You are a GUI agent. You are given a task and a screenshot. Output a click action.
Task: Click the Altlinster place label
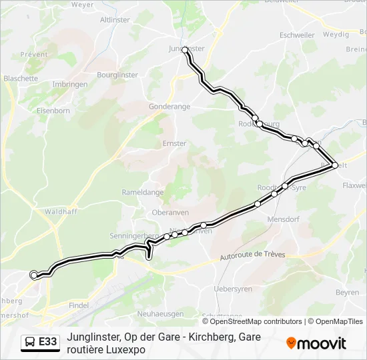(115, 20)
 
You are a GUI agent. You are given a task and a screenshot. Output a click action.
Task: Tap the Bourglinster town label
(117, 75)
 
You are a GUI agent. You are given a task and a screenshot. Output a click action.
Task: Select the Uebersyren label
(233, 289)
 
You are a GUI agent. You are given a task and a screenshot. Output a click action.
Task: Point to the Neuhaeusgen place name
(159, 313)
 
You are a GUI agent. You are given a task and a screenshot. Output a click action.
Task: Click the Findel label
(79, 305)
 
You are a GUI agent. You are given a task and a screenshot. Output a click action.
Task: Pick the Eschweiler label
(297, 35)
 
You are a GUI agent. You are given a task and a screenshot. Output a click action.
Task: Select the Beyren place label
(347, 293)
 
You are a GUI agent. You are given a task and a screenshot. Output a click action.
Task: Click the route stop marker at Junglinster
(186, 50)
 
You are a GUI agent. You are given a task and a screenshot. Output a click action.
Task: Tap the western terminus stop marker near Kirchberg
(34, 275)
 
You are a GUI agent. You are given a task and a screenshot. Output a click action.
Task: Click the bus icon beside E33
(30, 342)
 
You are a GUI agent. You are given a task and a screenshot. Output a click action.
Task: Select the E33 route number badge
(48, 342)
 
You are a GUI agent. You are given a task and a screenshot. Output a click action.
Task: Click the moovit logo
(316, 343)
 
